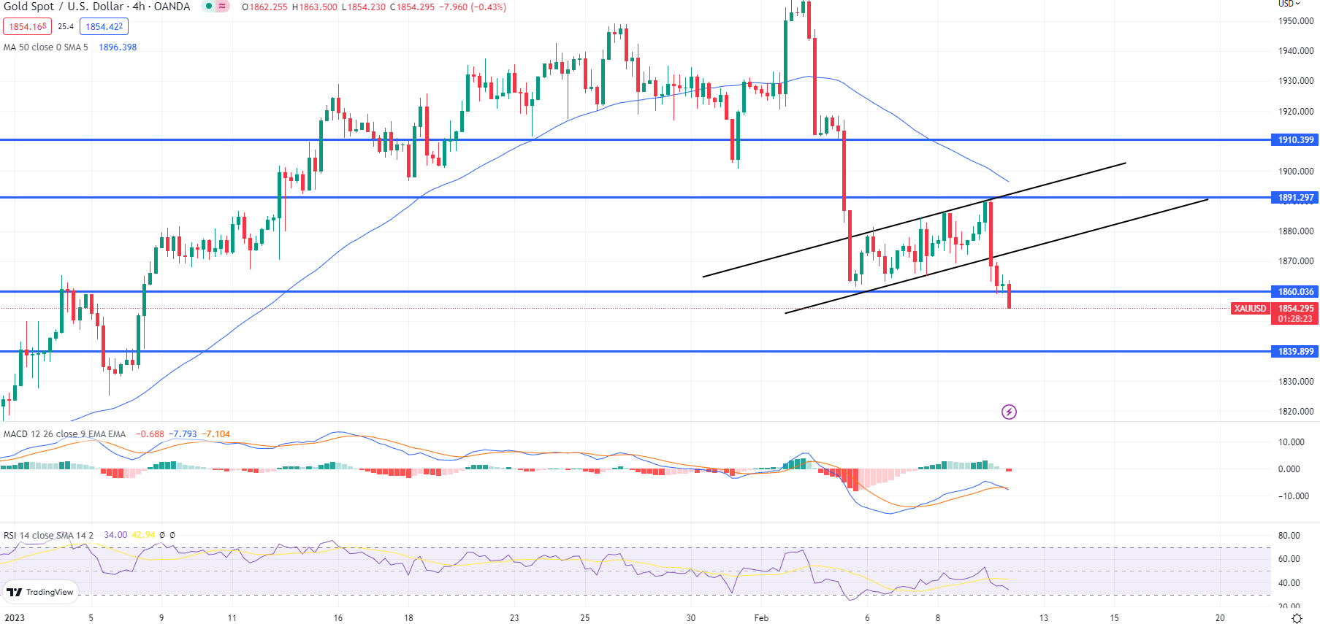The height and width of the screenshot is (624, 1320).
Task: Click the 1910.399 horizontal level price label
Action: [x=1295, y=140]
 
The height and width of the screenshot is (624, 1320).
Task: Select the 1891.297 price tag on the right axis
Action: [x=1295, y=198]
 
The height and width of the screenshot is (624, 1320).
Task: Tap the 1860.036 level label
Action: [x=1295, y=292]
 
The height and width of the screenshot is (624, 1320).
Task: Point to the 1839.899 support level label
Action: [x=1295, y=352]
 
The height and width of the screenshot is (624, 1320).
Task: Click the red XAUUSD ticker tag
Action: [x=1250, y=309]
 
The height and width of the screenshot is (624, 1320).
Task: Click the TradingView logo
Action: [x=41, y=592]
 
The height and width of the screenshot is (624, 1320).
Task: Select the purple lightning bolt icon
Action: [x=1009, y=412]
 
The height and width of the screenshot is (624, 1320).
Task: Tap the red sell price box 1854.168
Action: [x=28, y=27]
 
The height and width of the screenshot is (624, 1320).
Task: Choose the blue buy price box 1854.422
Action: [x=104, y=27]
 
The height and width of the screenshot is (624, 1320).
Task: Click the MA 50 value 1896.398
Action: [x=118, y=47]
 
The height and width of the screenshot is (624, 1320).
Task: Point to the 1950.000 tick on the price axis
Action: [x=1296, y=21]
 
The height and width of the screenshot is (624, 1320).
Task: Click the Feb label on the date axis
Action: [x=761, y=618]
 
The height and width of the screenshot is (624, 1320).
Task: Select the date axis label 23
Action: [x=514, y=618]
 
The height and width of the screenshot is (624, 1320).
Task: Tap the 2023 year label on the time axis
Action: [x=15, y=618]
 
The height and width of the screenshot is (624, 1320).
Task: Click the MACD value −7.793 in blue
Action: [x=183, y=434]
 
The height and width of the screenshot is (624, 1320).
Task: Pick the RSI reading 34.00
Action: [x=115, y=535]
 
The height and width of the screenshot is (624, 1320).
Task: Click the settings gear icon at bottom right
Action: [x=1297, y=618]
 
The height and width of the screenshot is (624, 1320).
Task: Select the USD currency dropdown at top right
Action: [x=1289, y=4]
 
